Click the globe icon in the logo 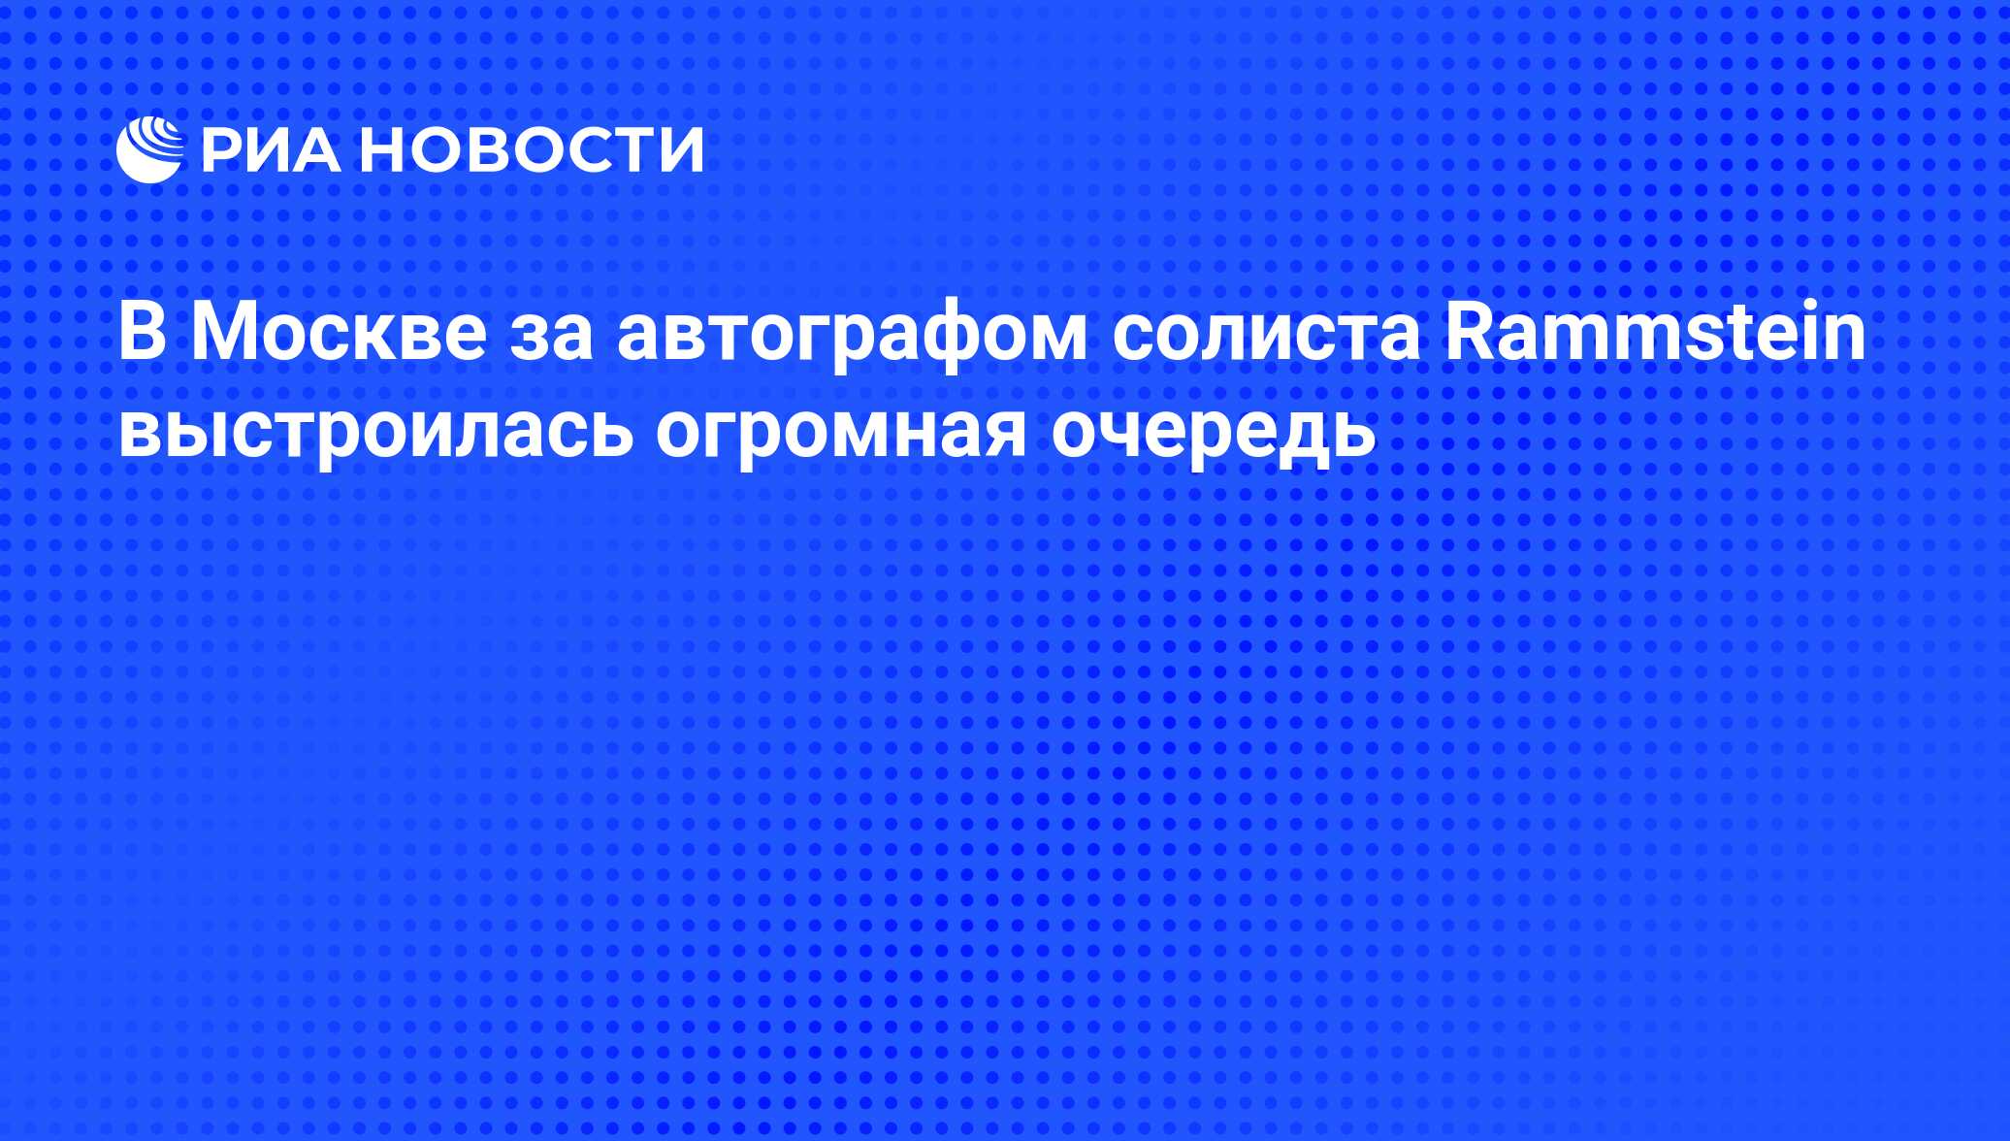[x=149, y=149]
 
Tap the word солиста [x=1266, y=341]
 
